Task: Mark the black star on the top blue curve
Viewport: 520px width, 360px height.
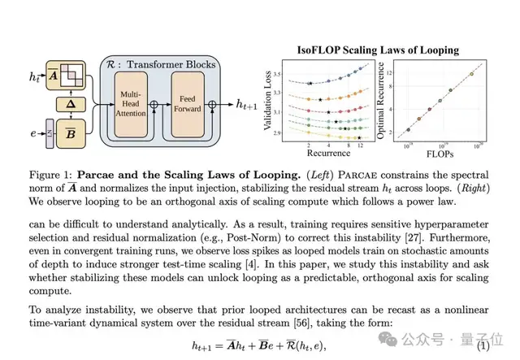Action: [x=310, y=83]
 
